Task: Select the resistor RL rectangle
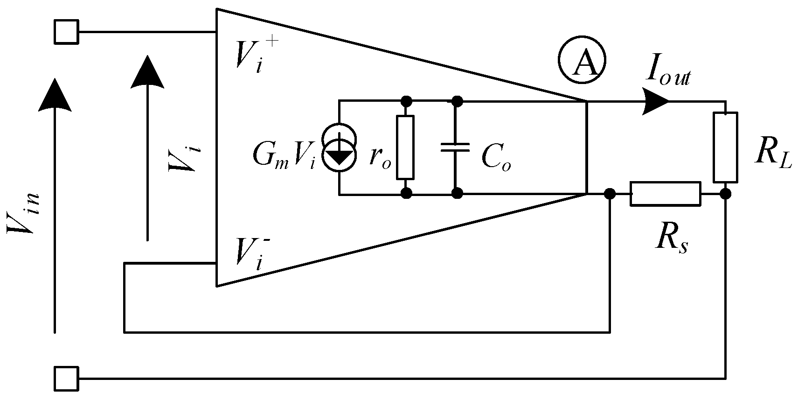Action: pyautogui.click(x=725, y=147)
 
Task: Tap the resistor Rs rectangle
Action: pyautogui.click(x=665, y=194)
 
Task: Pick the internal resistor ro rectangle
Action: pyautogui.click(x=405, y=147)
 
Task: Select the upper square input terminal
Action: pyautogui.click(x=66, y=32)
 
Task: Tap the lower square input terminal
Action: pyautogui.click(x=66, y=379)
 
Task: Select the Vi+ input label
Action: pyautogui.click(x=250, y=56)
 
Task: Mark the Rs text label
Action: pyautogui.click(x=670, y=239)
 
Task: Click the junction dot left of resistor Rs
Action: pyautogui.click(x=609, y=194)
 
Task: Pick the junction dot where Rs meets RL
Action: pyautogui.click(x=725, y=194)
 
